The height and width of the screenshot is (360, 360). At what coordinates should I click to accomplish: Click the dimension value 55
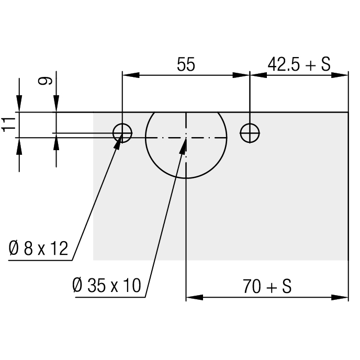point(186,64)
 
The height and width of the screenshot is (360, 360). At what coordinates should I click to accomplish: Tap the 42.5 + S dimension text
point(299,64)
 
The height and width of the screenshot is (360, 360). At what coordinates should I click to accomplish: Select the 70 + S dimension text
point(267,286)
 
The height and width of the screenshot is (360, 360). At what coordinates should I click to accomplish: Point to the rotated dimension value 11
point(8,125)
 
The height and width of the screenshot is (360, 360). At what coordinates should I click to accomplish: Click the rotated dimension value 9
point(45,81)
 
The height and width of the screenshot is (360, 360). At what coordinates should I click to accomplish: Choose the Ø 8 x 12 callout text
point(38,248)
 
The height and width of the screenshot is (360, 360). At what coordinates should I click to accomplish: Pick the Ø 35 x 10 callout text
point(107,285)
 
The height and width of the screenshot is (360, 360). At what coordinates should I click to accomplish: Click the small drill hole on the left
point(122,133)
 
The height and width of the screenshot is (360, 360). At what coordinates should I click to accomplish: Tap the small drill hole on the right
point(250,133)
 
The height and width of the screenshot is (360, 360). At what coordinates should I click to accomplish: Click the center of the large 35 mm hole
point(186,138)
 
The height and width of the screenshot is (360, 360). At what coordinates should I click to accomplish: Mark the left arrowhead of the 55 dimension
point(131,75)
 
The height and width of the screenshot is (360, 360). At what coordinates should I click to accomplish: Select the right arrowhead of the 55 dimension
point(241,75)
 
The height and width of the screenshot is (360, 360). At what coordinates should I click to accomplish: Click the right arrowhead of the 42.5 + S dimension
point(340,75)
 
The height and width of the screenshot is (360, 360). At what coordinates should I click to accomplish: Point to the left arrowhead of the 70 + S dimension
point(195,298)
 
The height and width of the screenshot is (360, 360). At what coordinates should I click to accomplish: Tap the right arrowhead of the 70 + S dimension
point(340,298)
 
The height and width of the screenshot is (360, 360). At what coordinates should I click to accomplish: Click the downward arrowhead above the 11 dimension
point(19,104)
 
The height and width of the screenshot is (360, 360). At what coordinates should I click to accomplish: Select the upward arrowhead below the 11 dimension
point(19,147)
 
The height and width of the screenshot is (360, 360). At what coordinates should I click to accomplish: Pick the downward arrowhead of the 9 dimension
point(57,104)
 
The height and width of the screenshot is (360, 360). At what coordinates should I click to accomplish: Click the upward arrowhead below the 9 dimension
point(57,142)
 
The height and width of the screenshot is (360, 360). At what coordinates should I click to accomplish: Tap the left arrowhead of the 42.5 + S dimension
point(258,75)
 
